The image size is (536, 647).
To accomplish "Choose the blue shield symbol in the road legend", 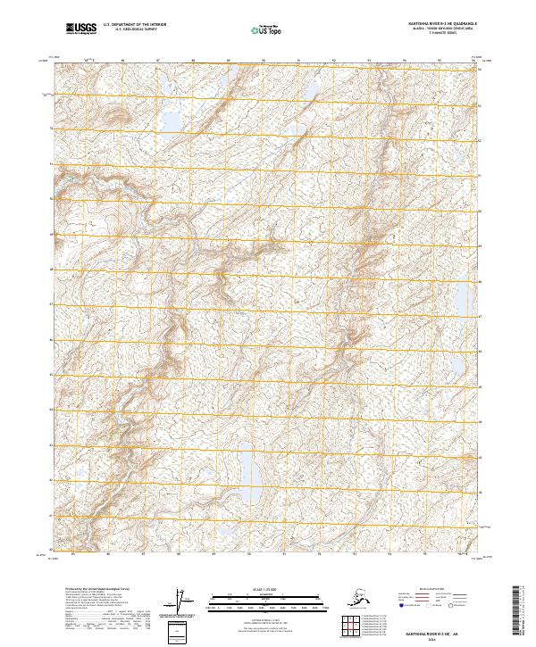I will coord(403,606).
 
